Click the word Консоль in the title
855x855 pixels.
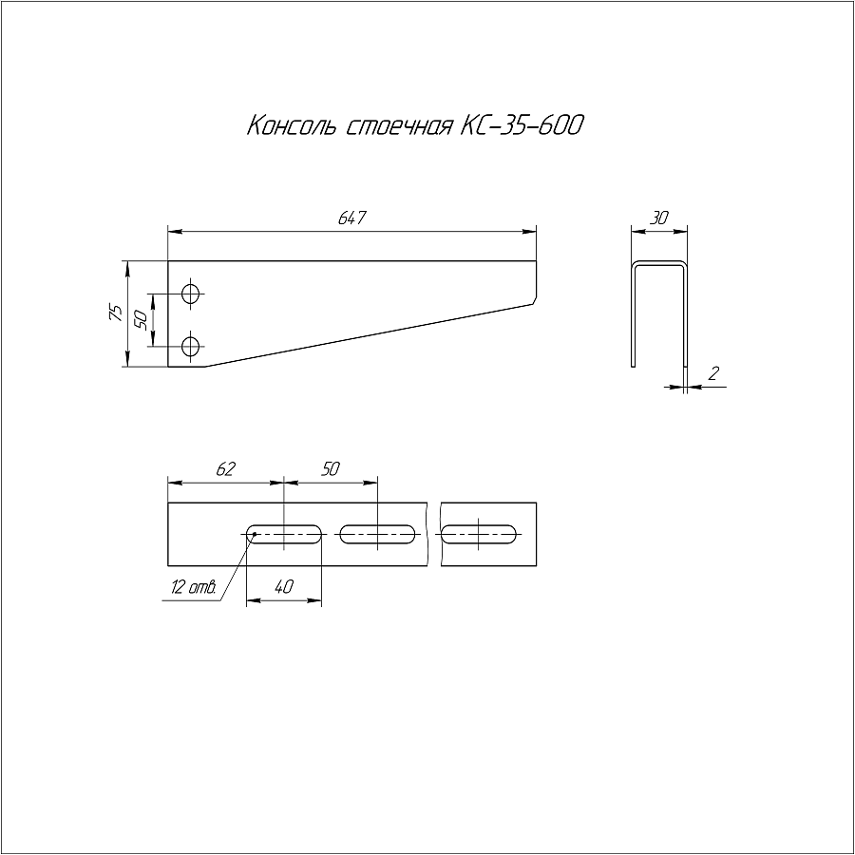pos(291,125)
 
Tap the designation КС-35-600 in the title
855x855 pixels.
pos(522,125)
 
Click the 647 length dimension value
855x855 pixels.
pos(352,218)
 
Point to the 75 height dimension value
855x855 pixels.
pos(117,313)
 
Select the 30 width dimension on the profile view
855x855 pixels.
pos(658,218)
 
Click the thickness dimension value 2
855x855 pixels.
pos(713,373)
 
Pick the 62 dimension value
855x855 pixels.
pos(225,468)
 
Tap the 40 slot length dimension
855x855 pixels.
pos(283,587)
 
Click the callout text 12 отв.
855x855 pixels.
pos(194,587)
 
